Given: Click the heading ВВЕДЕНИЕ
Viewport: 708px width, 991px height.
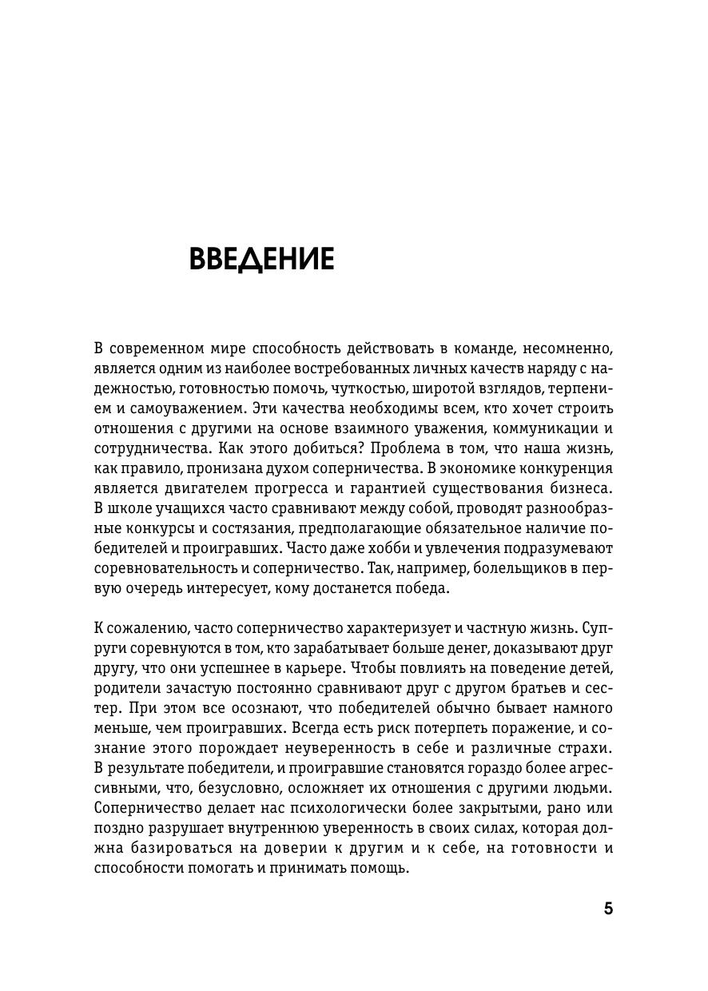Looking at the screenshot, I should (261, 260).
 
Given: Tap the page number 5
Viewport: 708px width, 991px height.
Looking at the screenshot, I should (608, 909).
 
